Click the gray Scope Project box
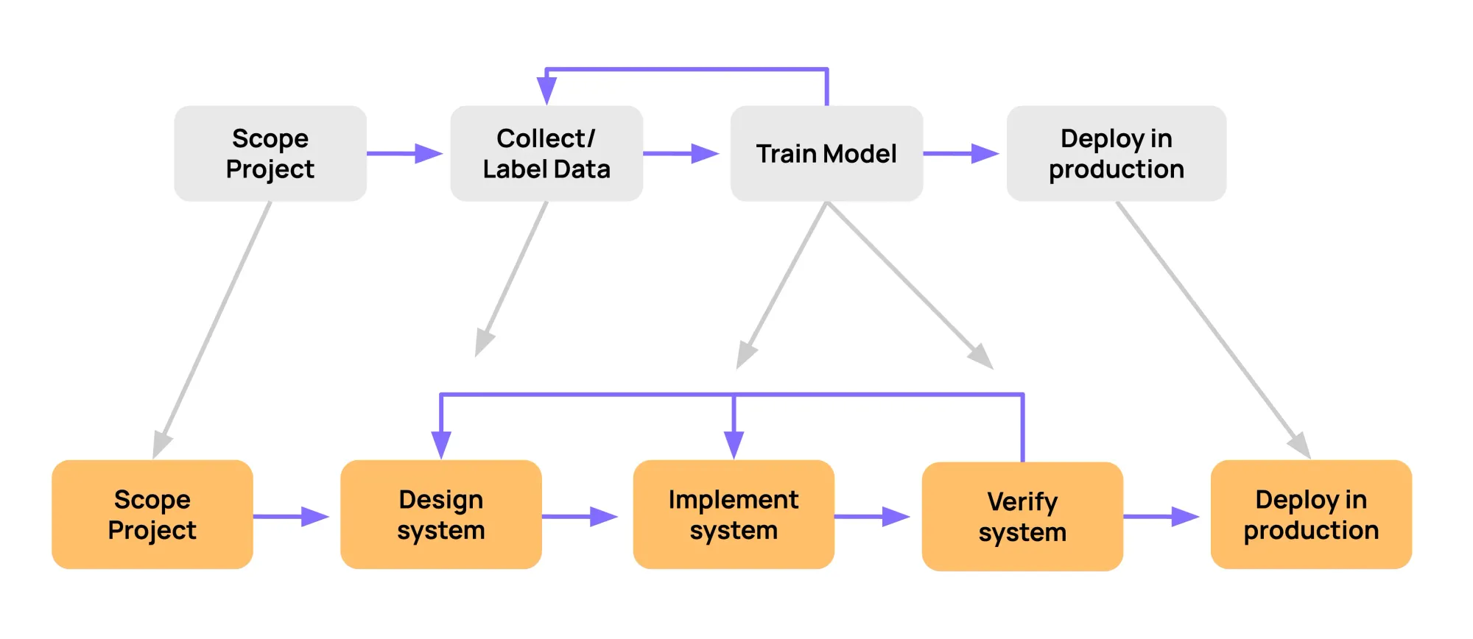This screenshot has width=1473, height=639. pos(270,153)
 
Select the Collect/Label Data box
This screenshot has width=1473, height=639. pos(546,153)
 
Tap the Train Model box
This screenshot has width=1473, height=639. pos(826,153)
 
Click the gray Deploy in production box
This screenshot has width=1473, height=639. pos(1116,153)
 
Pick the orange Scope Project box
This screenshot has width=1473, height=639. pos(152,514)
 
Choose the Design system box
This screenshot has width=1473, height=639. pos(440,514)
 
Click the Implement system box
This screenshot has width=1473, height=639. pos(733,514)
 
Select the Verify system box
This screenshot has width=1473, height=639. pos(1022,516)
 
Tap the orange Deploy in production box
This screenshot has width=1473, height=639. pos(1310,514)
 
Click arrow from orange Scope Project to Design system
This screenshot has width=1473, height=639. pos(290,516)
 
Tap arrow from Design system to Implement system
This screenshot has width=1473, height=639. pos(579,516)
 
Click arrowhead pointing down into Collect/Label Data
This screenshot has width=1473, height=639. pos(546,90)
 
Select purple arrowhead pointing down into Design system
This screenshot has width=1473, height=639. pos(440,444)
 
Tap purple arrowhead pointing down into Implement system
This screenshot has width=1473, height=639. pos(734,444)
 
